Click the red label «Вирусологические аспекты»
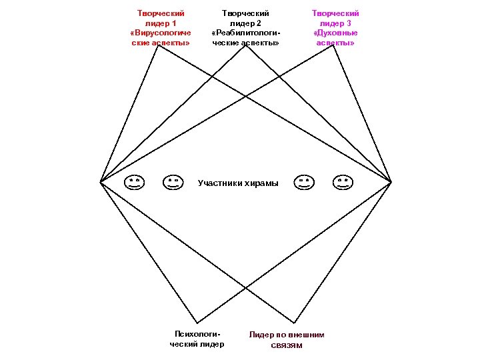point(161,37)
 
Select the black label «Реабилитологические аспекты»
point(245,37)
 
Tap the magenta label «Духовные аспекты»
point(335,37)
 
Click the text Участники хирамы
point(239,183)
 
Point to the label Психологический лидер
point(197,339)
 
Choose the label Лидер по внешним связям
point(287,339)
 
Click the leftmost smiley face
point(134,182)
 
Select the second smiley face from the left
point(173,182)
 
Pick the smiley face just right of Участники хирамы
point(305,182)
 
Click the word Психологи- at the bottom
point(197,333)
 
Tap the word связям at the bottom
point(287,345)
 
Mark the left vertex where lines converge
point(100,181)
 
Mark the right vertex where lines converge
point(391,181)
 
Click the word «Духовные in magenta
point(335,33)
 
